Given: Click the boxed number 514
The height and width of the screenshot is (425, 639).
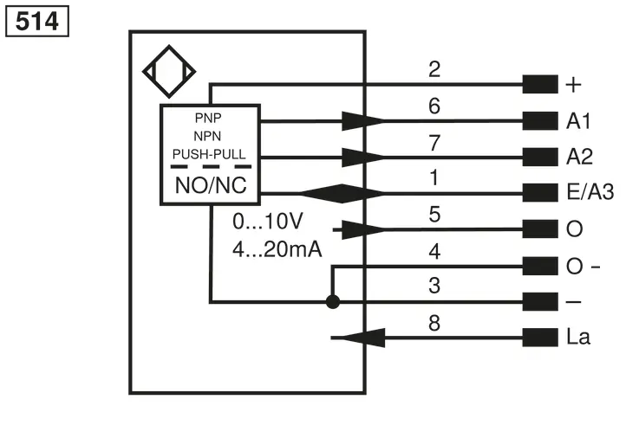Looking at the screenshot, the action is [37, 21].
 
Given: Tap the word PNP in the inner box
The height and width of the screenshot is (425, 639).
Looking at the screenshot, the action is [208, 118].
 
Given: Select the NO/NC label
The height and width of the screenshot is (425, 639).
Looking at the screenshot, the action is [211, 185].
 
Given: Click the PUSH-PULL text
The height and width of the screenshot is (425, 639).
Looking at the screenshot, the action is [209, 154].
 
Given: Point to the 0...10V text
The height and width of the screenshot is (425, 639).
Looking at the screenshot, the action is [268, 222].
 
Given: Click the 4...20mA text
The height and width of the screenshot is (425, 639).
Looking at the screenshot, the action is [277, 249].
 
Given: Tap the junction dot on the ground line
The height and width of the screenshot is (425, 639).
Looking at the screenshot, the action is [333, 302].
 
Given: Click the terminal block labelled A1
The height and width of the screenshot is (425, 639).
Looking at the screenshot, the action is [540, 121].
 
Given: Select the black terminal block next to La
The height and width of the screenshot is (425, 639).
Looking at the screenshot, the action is [540, 338].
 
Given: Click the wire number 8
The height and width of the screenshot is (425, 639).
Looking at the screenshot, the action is [434, 323].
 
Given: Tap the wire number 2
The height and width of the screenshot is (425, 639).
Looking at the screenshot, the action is [434, 69].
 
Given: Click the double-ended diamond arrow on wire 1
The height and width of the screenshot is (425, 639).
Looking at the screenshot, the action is [342, 193].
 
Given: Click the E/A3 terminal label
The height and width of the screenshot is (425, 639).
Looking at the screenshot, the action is [590, 191].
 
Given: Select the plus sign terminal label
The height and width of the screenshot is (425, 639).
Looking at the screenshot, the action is [573, 85].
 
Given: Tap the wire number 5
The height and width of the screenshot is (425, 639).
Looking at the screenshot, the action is [434, 215].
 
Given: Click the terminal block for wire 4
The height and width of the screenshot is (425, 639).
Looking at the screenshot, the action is [540, 266].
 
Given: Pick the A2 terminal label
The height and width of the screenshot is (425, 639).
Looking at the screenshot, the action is [579, 157].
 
